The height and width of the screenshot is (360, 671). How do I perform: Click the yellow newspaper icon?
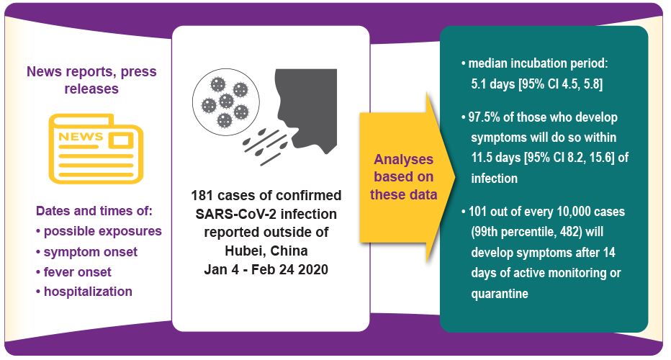96,148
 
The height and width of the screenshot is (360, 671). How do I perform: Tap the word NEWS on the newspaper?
81,137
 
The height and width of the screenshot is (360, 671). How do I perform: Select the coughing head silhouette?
305,110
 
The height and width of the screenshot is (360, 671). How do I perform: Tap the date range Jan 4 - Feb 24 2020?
266,269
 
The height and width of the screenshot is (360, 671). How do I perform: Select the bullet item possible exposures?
99,231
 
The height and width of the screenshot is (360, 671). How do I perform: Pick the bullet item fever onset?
73,272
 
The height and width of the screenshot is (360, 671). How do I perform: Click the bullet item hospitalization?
84,292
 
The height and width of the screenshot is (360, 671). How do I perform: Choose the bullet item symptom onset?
87,252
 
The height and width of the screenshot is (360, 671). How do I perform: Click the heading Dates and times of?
94,211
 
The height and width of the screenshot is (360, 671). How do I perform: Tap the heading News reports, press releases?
91,80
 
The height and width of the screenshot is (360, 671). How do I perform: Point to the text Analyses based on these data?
404,177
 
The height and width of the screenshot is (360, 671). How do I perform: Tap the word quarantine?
500,294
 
